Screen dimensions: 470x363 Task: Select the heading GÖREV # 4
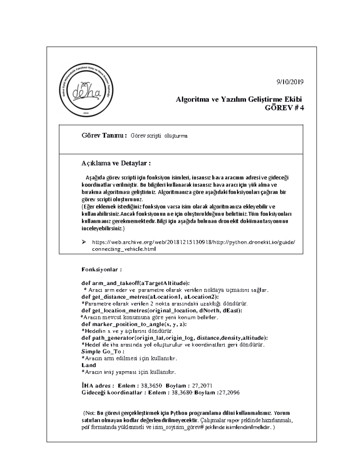point(284,108)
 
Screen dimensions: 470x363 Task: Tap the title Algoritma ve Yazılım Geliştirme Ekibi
point(239,99)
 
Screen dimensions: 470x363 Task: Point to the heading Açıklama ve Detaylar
point(116,163)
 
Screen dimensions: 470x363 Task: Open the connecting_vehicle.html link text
point(124,249)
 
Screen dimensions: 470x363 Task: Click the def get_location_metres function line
point(162,310)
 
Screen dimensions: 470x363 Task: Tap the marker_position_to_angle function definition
point(134,324)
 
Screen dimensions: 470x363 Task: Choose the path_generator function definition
point(175,338)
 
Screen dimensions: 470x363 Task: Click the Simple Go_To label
point(103,351)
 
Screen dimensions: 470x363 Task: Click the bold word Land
point(89,365)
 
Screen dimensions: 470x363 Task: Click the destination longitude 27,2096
point(229,393)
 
